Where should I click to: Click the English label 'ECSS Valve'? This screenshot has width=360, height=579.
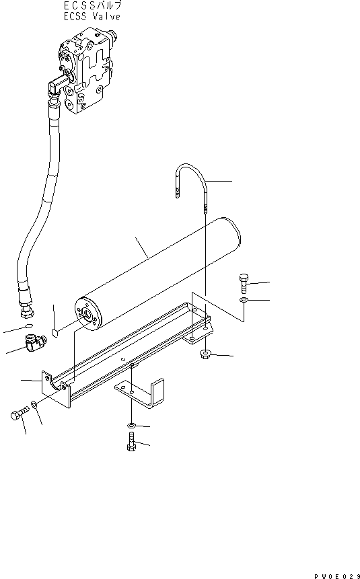point(92,17)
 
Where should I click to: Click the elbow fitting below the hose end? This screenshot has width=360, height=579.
point(36,343)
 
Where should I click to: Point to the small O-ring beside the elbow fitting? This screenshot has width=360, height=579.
point(29,325)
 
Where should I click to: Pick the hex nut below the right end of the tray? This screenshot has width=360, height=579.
point(205,355)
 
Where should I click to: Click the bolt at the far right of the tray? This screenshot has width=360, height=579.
point(244,283)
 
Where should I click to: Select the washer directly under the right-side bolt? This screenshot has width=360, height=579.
point(244,299)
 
